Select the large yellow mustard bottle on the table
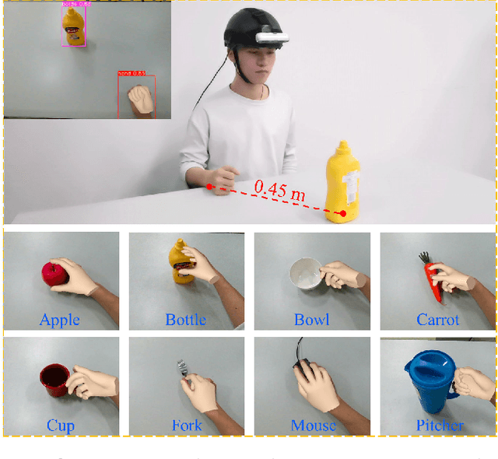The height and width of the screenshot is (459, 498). [x=344, y=182]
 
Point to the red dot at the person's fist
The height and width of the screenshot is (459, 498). [x=209, y=186]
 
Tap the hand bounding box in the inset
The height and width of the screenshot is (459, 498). [x=138, y=96]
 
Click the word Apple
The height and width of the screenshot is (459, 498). [x=60, y=320]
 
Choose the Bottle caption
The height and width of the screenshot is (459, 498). [x=185, y=320]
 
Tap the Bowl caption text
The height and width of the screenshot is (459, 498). [x=311, y=320]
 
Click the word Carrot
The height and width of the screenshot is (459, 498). [x=437, y=320]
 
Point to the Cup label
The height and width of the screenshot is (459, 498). [x=60, y=426]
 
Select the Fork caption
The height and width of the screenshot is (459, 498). [x=186, y=426]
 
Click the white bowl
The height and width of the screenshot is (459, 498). [x=304, y=274]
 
